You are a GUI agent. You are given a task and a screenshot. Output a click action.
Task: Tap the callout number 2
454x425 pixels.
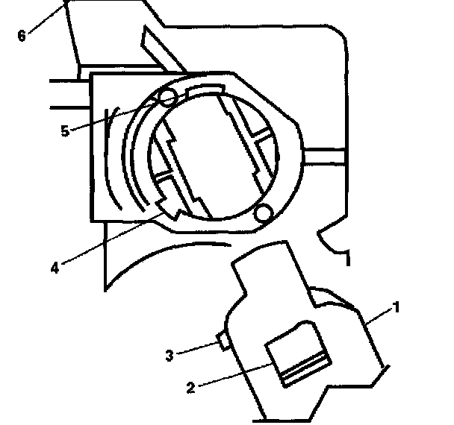(190, 387)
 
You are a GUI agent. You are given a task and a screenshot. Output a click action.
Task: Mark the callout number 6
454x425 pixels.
(22, 34)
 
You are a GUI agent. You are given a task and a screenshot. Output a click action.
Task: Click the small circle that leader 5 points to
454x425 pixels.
(167, 98)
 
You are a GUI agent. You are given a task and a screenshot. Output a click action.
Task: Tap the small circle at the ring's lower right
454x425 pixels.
(262, 215)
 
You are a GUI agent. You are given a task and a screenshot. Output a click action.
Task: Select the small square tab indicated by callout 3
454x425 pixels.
(222, 341)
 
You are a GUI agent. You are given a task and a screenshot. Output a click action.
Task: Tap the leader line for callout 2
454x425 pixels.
(231, 377)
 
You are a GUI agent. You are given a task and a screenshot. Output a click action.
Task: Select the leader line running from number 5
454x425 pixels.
(112, 116)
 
